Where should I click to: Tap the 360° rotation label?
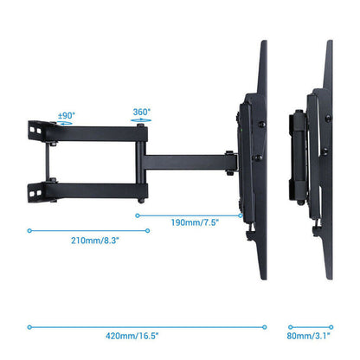click(142, 112)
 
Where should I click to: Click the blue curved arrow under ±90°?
click(66, 123)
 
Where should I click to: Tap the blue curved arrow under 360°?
click(141, 122)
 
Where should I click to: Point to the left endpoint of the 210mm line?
click(29, 231)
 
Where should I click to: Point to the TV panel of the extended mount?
click(260, 160)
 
